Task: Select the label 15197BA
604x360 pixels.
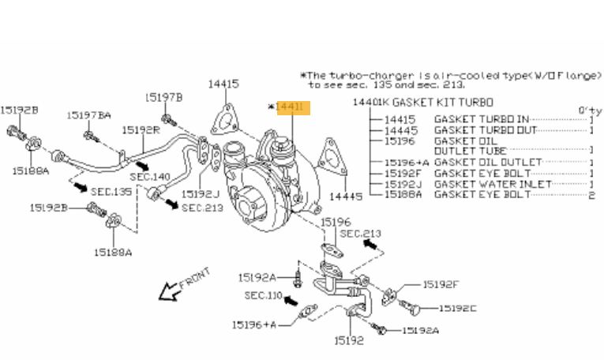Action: (88, 115)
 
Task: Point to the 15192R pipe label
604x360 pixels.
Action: (141, 129)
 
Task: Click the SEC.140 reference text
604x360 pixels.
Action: (150, 178)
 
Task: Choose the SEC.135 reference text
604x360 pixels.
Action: (111, 191)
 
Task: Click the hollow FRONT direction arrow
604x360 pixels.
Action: (168, 293)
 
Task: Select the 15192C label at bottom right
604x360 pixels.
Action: (457, 308)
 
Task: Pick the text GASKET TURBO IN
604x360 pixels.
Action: (481, 119)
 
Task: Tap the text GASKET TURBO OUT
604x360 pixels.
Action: (486, 129)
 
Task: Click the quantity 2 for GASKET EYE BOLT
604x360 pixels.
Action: (591, 194)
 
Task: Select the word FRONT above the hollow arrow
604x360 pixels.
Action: (195, 277)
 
